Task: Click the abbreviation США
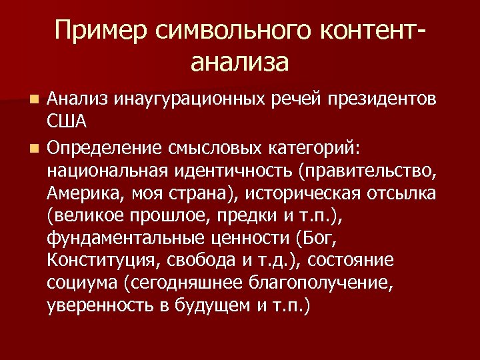click(x=68, y=123)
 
